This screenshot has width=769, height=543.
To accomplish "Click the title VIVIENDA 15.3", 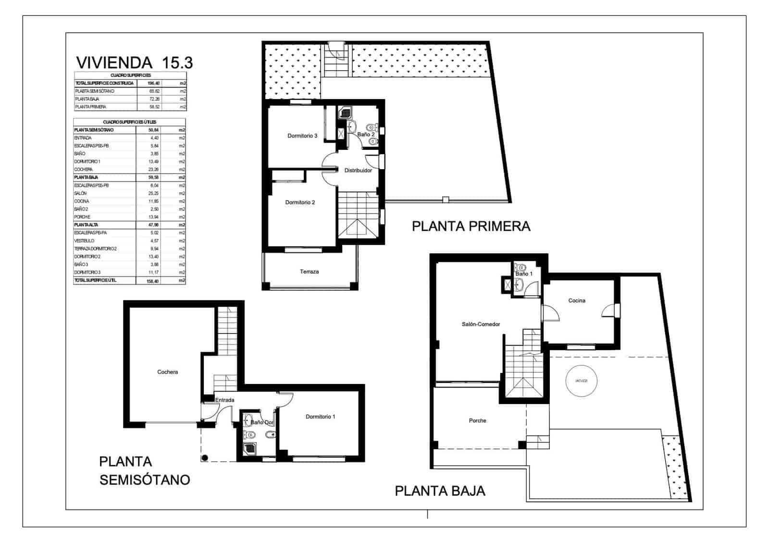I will click(x=135, y=62).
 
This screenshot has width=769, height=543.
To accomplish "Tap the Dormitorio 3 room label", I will click(x=302, y=136).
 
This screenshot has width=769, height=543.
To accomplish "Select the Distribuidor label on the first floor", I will click(x=358, y=171).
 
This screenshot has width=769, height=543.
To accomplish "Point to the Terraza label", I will click(x=309, y=272).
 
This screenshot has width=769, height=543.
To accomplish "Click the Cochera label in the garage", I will click(x=167, y=372).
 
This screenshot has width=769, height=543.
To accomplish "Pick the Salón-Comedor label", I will click(x=481, y=324).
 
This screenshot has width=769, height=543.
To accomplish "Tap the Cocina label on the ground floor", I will click(x=577, y=301).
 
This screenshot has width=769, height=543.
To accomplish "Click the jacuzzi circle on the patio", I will click(x=581, y=381).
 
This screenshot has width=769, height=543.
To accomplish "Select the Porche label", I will click(x=477, y=421).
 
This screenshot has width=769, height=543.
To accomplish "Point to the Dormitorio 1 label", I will click(x=320, y=417).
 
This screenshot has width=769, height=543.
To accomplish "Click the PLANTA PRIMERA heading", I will click(x=471, y=226).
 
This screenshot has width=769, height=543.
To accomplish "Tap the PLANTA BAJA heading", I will click(x=440, y=491).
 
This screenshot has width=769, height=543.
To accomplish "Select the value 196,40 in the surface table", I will click(x=153, y=83).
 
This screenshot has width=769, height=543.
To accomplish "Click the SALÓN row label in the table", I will click(x=80, y=193).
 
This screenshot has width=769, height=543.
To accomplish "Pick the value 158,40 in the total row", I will click(x=152, y=281).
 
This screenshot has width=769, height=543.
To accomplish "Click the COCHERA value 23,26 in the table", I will click(x=153, y=170).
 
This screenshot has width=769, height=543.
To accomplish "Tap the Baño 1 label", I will click(x=524, y=274).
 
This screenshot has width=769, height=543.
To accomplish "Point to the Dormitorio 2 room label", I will click(x=300, y=203).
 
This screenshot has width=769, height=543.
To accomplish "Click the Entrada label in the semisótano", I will click(x=224, y=400).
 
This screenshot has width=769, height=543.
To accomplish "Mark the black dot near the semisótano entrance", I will click(x=205, y=457).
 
